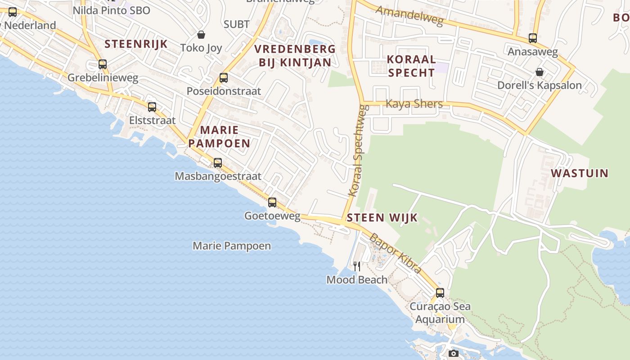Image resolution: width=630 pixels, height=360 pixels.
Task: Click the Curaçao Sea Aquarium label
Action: click(x=440, y=313)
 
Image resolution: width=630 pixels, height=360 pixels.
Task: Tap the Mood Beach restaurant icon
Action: click(x=357, y=266)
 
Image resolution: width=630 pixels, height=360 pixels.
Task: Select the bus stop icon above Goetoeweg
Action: click(x=272, y=202)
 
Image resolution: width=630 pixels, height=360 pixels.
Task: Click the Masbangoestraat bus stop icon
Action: click(x=218, y=163)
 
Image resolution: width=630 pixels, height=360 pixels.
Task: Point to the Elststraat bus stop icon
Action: click(x=152, y=107)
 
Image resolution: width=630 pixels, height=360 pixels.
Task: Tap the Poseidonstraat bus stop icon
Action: click(x=224, y=78)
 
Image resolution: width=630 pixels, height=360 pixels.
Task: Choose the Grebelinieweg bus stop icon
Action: click(x=103, y=64)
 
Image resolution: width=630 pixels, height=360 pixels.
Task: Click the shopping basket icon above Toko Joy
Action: click(x=201, y=35)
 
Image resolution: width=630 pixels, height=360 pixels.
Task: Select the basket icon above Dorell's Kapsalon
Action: click(x=539, y=72)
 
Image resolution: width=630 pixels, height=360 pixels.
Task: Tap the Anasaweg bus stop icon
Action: click(x=533, y=38)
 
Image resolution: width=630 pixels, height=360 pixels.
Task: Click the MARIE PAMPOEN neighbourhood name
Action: click(x=219, y=137)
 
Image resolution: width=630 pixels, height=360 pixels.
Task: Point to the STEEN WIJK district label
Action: click(x=382, y=218)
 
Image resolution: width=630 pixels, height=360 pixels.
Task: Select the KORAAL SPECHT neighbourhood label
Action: click(x=411, y=66)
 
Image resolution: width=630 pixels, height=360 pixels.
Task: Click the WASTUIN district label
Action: click(x=580, y=173)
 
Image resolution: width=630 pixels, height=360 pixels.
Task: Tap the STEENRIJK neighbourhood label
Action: click(x=136, y=44)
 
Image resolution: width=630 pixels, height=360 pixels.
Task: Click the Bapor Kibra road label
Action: click(x=396, y=253)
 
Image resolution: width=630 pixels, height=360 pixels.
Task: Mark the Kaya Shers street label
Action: click(x=414, y=104)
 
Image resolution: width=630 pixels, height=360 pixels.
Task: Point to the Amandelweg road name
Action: click(x=409, y=16)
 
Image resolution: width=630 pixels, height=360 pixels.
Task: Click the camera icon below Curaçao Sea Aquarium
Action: click(x=454, y=353)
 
